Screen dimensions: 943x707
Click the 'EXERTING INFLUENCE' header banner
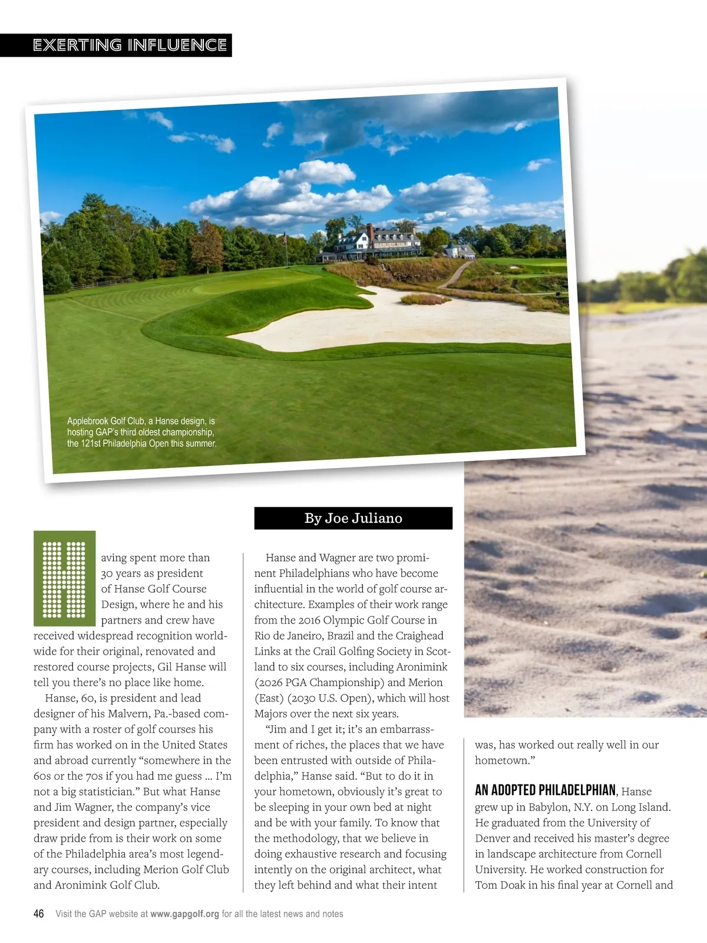(130, 45)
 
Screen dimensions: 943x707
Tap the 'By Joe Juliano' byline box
(353, 518)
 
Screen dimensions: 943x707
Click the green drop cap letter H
(65, 578)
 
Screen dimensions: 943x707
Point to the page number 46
(38, 914)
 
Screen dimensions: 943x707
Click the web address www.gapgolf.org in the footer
(184, 914)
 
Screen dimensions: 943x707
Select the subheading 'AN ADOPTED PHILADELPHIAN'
(545, 790)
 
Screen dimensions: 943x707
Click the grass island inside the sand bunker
(424, 299)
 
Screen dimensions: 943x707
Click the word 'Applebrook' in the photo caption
(87, 421)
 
